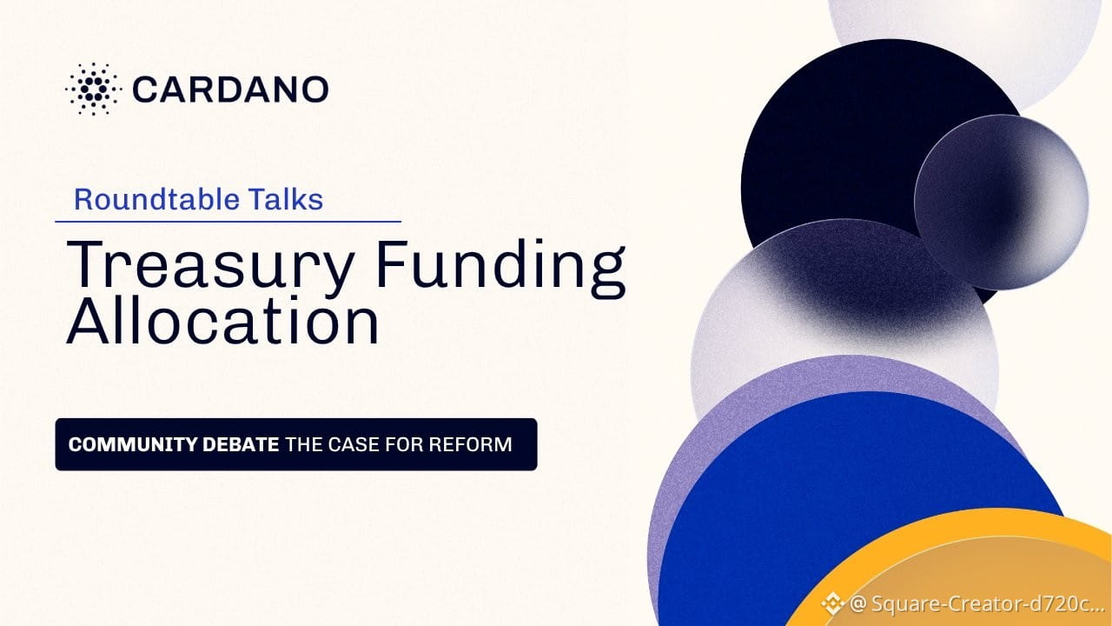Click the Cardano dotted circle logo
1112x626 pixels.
point(93,90)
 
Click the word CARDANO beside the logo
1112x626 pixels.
point(230,90)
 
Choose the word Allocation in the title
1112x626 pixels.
point(223,320)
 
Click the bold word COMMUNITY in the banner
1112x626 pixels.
point(133,444)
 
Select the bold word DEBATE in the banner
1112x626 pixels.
point(241,444)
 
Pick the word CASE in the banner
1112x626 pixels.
point(354,444)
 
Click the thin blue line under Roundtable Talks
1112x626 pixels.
point(228,222)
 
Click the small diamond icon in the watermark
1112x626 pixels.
point(832,604)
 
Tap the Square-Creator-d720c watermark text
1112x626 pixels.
point(975,604)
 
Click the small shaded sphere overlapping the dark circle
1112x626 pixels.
point(1002,203)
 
